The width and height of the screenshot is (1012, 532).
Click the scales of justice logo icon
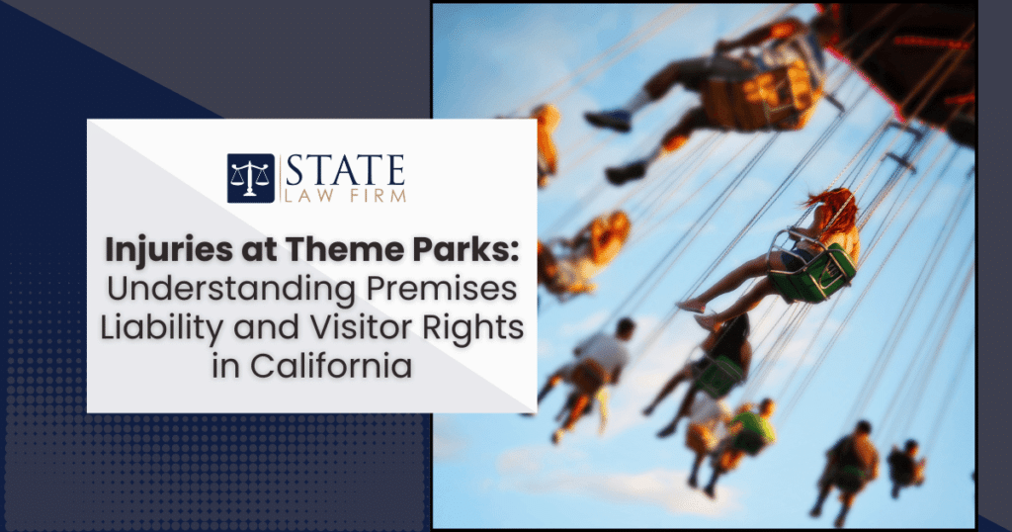[x=250, y=178]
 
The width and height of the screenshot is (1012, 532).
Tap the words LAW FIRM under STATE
[x=345, y=195]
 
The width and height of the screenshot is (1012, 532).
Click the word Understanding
[x=231, y=290]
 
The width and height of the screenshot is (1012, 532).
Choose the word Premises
[x=442, y=290]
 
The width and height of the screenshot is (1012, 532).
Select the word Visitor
[x=362, y=327]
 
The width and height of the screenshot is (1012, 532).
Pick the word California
[x=330, y=366]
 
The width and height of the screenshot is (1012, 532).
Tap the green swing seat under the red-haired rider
[x=814, y=274]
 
